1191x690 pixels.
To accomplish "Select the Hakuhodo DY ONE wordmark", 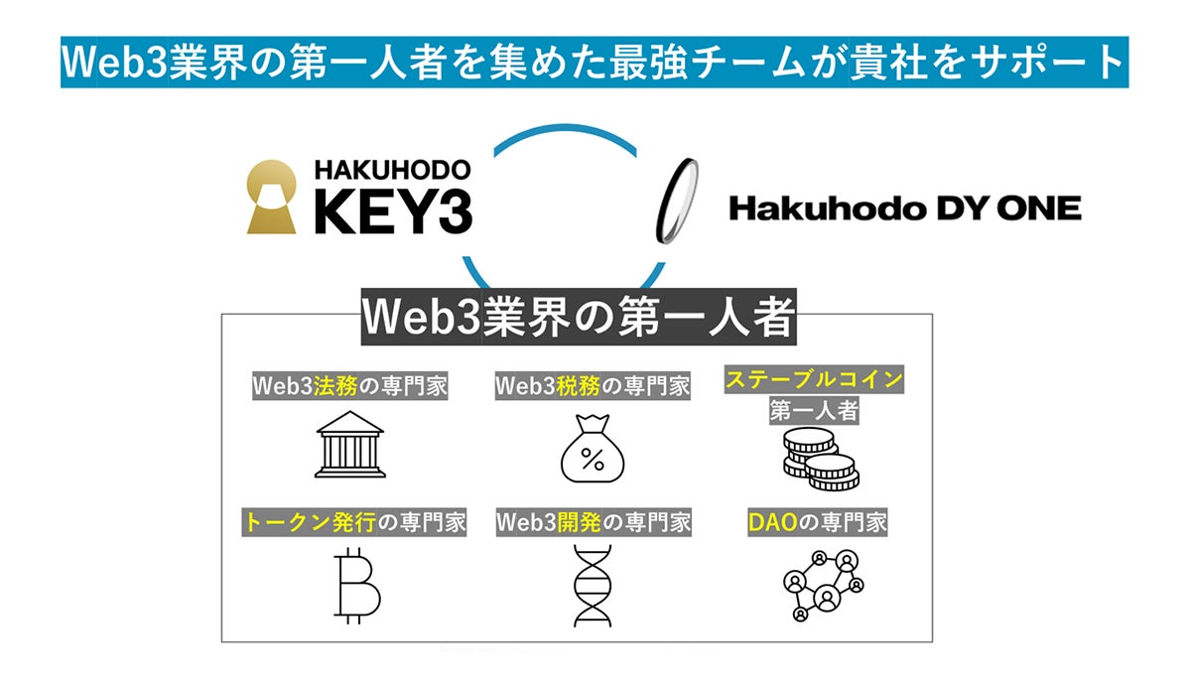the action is pyautogui.click(x=904, y=207).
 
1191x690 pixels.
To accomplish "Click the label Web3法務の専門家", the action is pyautogui.click(x=349, y=386).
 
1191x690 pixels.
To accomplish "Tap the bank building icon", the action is pyautogui.click(x=349, y=445).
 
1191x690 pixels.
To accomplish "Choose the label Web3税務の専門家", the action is pyautogui.click(x=593, y=386).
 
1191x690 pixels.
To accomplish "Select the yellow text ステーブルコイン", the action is pyautogui.click(x=814, y=379).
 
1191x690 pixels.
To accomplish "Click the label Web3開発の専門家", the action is pyautogui.click(x=593, y=522).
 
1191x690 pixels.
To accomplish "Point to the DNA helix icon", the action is pyautogui.click(x=593, y=586).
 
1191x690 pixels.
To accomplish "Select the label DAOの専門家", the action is pyautogui.click(x=816, y=522).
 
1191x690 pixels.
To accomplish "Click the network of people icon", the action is pyautogui.click(x=818, y=585).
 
